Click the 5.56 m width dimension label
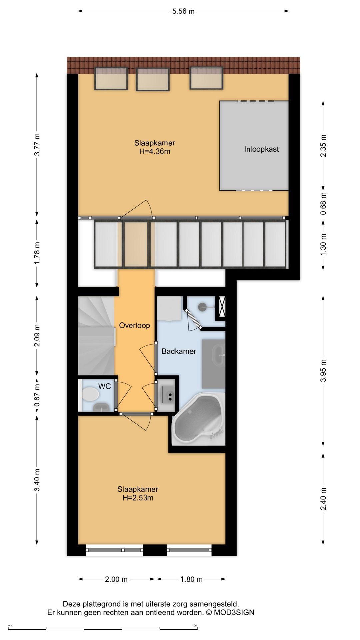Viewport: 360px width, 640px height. click(183, 11)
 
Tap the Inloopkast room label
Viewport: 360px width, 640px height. click(261, 149)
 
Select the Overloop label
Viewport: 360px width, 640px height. click(134, 325)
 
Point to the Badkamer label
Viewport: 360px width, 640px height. click(179, 351)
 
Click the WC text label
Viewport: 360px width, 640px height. click(104, 386)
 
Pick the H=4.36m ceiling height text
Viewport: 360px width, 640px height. click(155, 151)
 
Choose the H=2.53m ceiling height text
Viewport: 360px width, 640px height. click(138, 498)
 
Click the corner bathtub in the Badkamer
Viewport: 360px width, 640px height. click(198, 419)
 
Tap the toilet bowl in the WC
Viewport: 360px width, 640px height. click(90, 394)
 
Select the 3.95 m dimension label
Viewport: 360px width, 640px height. click(323, 371)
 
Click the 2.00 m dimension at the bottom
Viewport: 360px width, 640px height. click(116, 579)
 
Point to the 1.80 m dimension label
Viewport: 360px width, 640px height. click(191, 579)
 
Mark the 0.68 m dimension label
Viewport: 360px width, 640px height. click(323, 203)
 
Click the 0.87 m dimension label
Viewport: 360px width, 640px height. click(37, 395)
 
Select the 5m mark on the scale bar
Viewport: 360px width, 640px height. click(195, 625)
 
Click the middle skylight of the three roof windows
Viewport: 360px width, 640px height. click(153, 79)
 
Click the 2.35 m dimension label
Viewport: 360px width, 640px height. click(323, 146)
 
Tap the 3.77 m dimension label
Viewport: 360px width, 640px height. click(37, 144)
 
